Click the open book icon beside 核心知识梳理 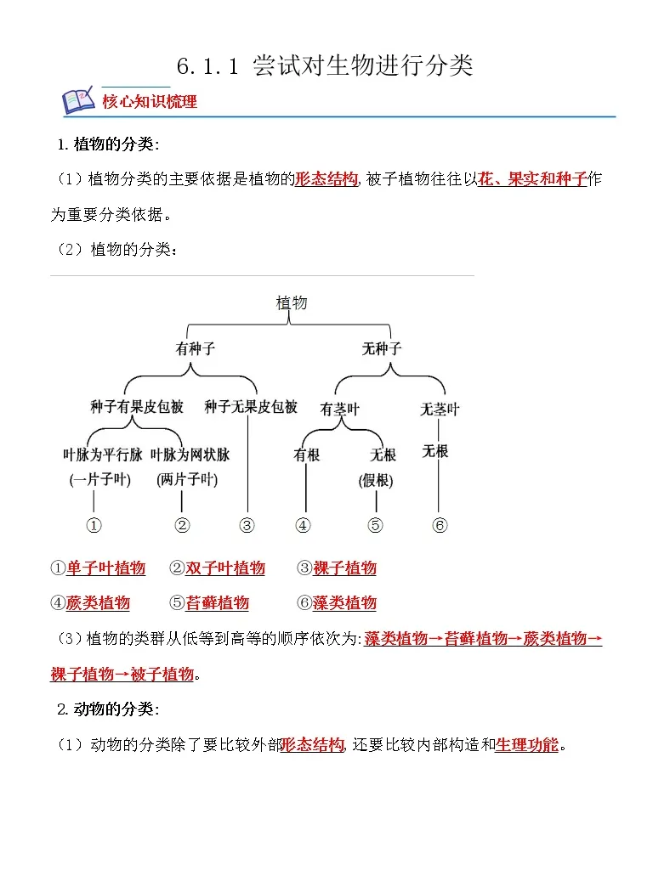[x=77, y=100]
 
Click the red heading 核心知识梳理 [x=150, y=102]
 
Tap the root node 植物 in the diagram [x=292, y=302]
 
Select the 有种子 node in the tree [x=194, y=348]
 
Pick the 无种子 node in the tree [x=382, y=348]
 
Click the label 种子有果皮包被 [x=137, y=407]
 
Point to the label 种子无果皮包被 [x=251, y=407]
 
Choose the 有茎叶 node [x=339, y=410]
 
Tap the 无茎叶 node [x=440, y=410]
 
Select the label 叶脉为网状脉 [x=190, y=455]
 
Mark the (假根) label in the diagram [x=376, y=481]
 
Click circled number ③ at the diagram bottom [x=247, y=525]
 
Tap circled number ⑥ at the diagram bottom [x=439, y=525]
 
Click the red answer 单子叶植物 [x=106, y=568]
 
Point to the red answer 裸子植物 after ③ [x=345, y=568]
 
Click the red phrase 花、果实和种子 [x=532, y=179]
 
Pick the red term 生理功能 [x=527, y=745]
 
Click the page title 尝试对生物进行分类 [x=362, y=65]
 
